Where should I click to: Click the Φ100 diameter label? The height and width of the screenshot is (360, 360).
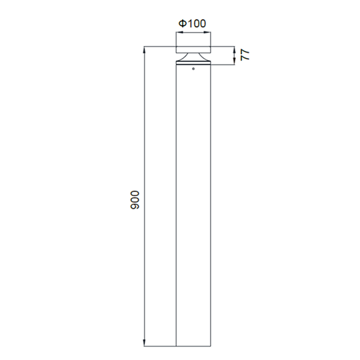193,23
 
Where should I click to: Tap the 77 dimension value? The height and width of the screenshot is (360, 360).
245,55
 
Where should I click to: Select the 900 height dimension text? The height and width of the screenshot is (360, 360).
135,200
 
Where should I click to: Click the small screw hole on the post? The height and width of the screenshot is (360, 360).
193,69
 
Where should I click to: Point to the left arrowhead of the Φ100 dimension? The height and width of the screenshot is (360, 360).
179,33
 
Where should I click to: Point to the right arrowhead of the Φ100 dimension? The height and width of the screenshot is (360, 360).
207,33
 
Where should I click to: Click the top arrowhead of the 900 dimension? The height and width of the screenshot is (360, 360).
144,49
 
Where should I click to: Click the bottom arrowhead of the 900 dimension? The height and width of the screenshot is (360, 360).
144,343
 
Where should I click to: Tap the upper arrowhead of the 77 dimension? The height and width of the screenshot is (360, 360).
235,49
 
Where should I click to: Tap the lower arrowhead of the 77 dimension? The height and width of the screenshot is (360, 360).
235,61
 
